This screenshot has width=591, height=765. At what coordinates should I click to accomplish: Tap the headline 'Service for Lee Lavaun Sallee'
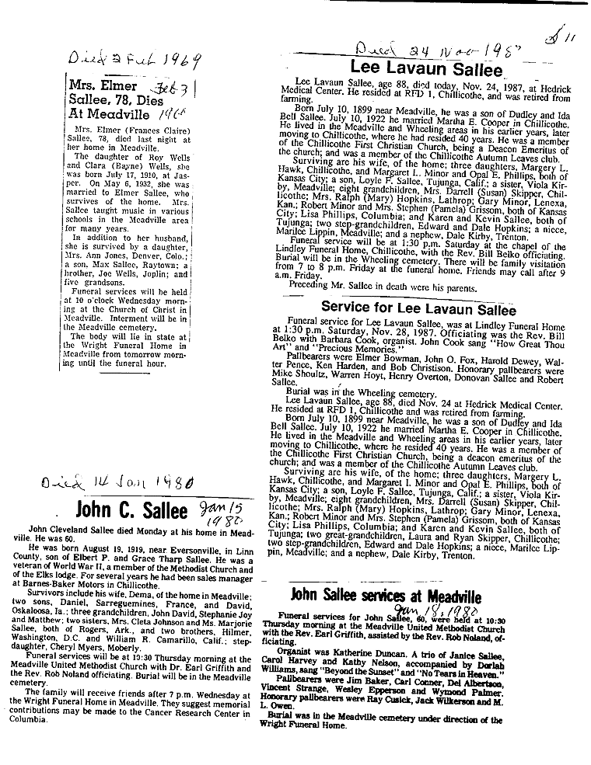tap(418, 308)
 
